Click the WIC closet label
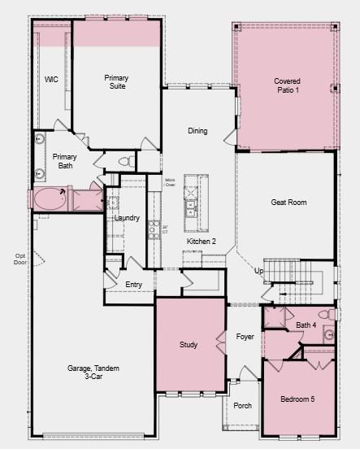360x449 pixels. pyautogui.click(x=51, y=80)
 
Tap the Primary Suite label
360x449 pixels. pyautogui.click(x=117, y=82)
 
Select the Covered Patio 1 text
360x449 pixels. pyautogui.click(x=286, y=85)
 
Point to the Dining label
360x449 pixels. pyautogui.click(x=197, y=131)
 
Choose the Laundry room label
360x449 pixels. pyautogui.click(x=127, y=218)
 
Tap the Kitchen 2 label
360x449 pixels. pyautogui.click(x=202, y=242)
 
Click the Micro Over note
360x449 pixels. pyautogui.click(x=170, y=182)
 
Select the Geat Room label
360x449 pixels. pyautogui.click(x=288, y=203)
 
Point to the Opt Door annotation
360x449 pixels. pyautogui.click(x=20, y=259)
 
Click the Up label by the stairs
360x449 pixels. pyautogui.click(x=258, y=271)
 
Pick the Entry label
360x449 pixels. pyautogui.click(x=134, y=285)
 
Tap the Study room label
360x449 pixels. pyautogui.click(x=189, y=345)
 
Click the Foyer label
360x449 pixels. pyautogui.click(x=245, y=336)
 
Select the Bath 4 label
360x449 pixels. pyautogui.click(x=306, y=325)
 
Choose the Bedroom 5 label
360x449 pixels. pyautogui.click(x=297, y=400)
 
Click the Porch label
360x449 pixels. pyautogui.click(x=242, y=405)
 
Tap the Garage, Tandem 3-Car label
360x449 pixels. pyautogui.click(x=93, y=373)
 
